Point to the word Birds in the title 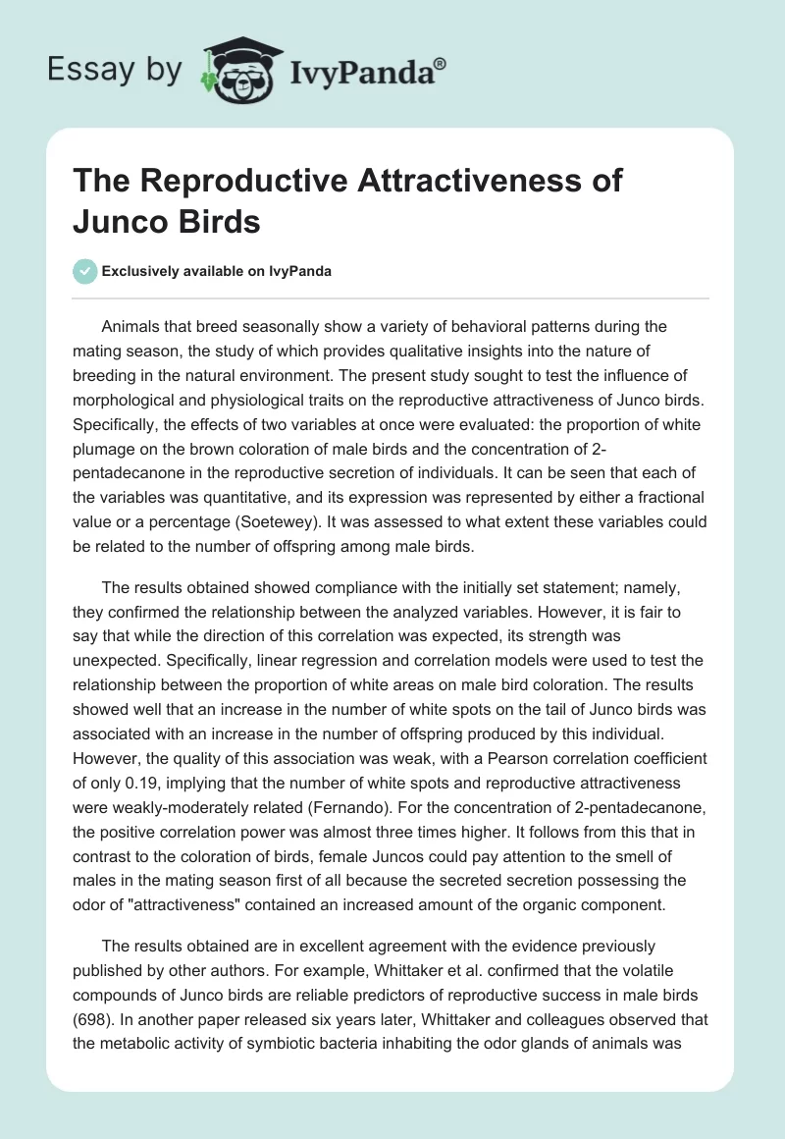(x=221, y=222)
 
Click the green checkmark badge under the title (x=85, y=272)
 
